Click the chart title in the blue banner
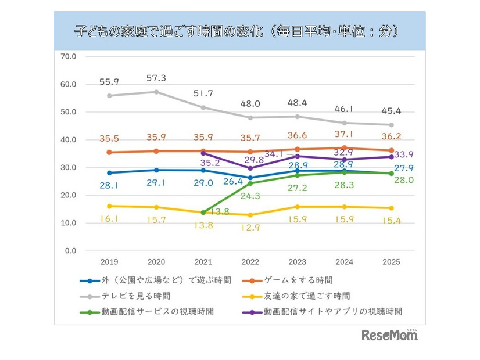[x=239, y=30]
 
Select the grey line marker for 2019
[x=109, y=96]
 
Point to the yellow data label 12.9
[x=250, y=228]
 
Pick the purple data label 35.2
[x=203, y=163]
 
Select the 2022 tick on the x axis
[x=250, y=262]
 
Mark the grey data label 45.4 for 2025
[x=391, y=111]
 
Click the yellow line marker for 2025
[x=391, y=208]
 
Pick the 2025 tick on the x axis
[x=391, y=262]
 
